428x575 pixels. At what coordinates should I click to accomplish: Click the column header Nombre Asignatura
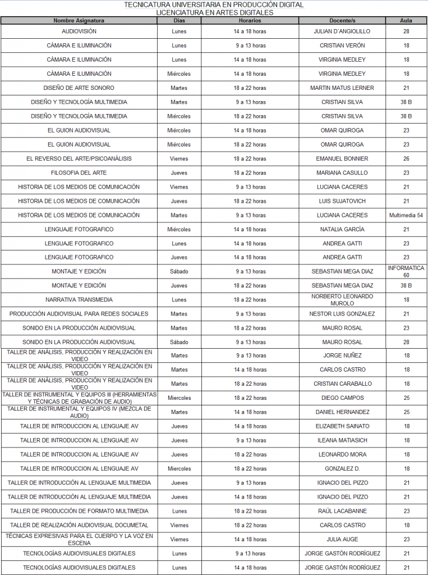click(79, 21)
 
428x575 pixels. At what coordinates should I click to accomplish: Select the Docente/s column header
click(342, 21)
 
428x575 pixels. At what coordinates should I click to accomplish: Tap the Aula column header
click(406, 21)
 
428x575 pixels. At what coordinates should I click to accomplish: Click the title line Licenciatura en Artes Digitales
click(214, 12)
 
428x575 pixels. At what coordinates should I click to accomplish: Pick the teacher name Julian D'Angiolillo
click(342, 31)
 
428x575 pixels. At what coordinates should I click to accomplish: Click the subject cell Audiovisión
click(79, 31)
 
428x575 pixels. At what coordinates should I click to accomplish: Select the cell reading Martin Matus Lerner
click(342, 88)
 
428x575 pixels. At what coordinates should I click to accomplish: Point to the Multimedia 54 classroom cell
click(406, 215)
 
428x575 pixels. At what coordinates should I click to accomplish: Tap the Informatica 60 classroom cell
click(406, 272)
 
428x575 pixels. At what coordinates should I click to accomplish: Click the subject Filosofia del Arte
click(79, 173)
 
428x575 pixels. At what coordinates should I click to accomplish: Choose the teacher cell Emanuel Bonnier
click(342, 159)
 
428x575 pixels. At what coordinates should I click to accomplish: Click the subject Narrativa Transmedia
click(79, 300)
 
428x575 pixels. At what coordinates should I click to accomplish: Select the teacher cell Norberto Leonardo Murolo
click(342, 300)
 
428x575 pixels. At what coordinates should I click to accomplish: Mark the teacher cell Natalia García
click(342, 230)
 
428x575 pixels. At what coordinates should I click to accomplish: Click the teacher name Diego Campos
click(342, 398)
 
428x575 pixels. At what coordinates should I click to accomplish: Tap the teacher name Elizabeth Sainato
click(342, 426)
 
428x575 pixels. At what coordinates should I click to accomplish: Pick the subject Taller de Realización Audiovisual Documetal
click(79, 525)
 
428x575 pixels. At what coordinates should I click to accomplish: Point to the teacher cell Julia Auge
click(342, 540)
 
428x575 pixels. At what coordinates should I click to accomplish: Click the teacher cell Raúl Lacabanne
click(342, 511)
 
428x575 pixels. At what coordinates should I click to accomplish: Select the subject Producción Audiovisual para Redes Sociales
click(79, 314)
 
